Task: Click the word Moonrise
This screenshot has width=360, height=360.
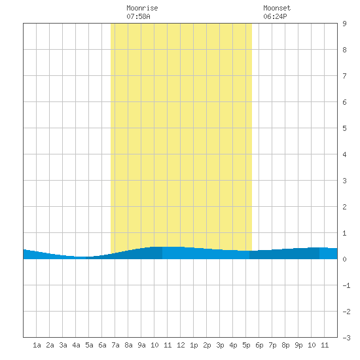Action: coord(142,8)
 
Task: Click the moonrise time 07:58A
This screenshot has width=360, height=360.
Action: coord(138,16)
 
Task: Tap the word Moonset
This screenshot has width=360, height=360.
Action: coord(277,8)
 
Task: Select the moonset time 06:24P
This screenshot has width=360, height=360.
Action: coord(275,16)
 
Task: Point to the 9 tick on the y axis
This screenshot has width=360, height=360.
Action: coord(344,24)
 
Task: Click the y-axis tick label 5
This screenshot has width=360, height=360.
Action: coord(344,128)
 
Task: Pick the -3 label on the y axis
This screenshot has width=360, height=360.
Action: coord(346,338)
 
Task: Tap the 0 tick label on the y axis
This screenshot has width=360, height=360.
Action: coord(344,259)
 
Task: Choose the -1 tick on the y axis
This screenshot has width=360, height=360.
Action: coord(346,285)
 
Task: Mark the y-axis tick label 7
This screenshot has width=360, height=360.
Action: coord(344,76)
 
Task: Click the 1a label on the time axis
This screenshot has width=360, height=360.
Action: coord(37,345)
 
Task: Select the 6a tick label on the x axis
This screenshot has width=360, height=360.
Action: coord(102,345)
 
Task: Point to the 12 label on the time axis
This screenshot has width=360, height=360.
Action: coord(181,345)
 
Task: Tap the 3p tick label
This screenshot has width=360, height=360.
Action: coord(220,345)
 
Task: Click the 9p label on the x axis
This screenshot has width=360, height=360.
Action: coord(298,345)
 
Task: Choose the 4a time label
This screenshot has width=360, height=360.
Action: coord(76,345)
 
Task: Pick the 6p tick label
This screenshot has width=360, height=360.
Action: coord(259,345)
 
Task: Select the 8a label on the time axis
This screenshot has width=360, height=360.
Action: coord(128,345)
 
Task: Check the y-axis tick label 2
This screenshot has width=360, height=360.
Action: coord(344,207)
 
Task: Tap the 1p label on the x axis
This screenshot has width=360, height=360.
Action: coord(194,345)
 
